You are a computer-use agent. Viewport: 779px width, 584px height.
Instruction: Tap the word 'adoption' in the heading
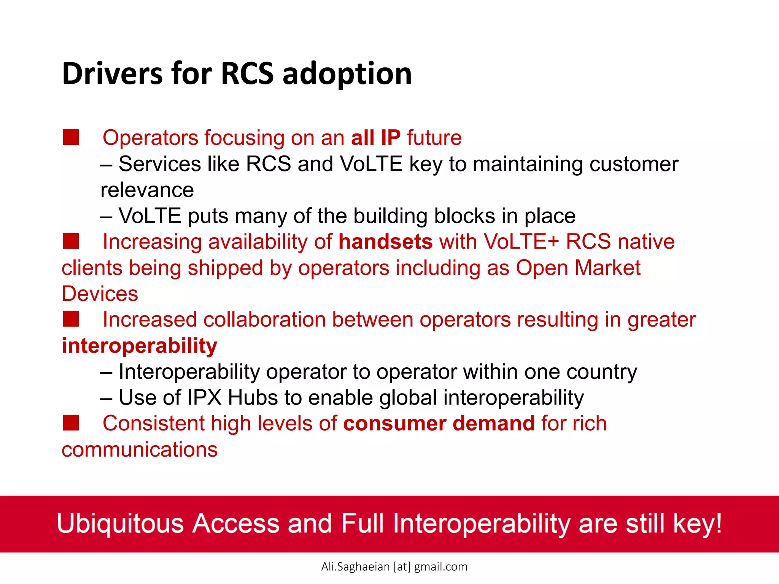coord(347,74)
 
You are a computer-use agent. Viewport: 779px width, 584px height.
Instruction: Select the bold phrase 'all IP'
coord(375,138)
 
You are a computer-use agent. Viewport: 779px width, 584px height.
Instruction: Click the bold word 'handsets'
coord(385,242)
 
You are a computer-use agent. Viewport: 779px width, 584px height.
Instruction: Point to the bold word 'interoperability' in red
coord(140,346)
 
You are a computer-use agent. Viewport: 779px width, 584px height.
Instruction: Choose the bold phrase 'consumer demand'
coord(439,424)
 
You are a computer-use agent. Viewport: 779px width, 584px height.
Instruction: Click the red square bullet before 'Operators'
coord(71,137)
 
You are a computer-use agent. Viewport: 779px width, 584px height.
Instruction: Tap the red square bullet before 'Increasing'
coord(71,241)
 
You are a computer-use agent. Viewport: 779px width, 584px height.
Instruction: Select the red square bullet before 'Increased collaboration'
coord(71,319)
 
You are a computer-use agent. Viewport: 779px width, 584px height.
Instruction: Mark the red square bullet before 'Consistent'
coord(71,423)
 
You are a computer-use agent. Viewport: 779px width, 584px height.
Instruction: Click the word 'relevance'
coord(147,190)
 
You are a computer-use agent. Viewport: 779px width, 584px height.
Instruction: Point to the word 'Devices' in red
coord(100,294)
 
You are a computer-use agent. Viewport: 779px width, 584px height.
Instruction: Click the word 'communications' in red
coord(140,450)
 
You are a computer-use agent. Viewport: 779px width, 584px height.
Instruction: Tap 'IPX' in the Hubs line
coord(204,398)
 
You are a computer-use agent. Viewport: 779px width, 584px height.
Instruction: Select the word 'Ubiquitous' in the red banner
coord(120,524)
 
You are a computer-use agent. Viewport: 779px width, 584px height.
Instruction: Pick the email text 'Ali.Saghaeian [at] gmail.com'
coord(394,567)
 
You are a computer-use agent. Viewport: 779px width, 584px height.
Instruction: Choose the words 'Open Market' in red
coord(578,268)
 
